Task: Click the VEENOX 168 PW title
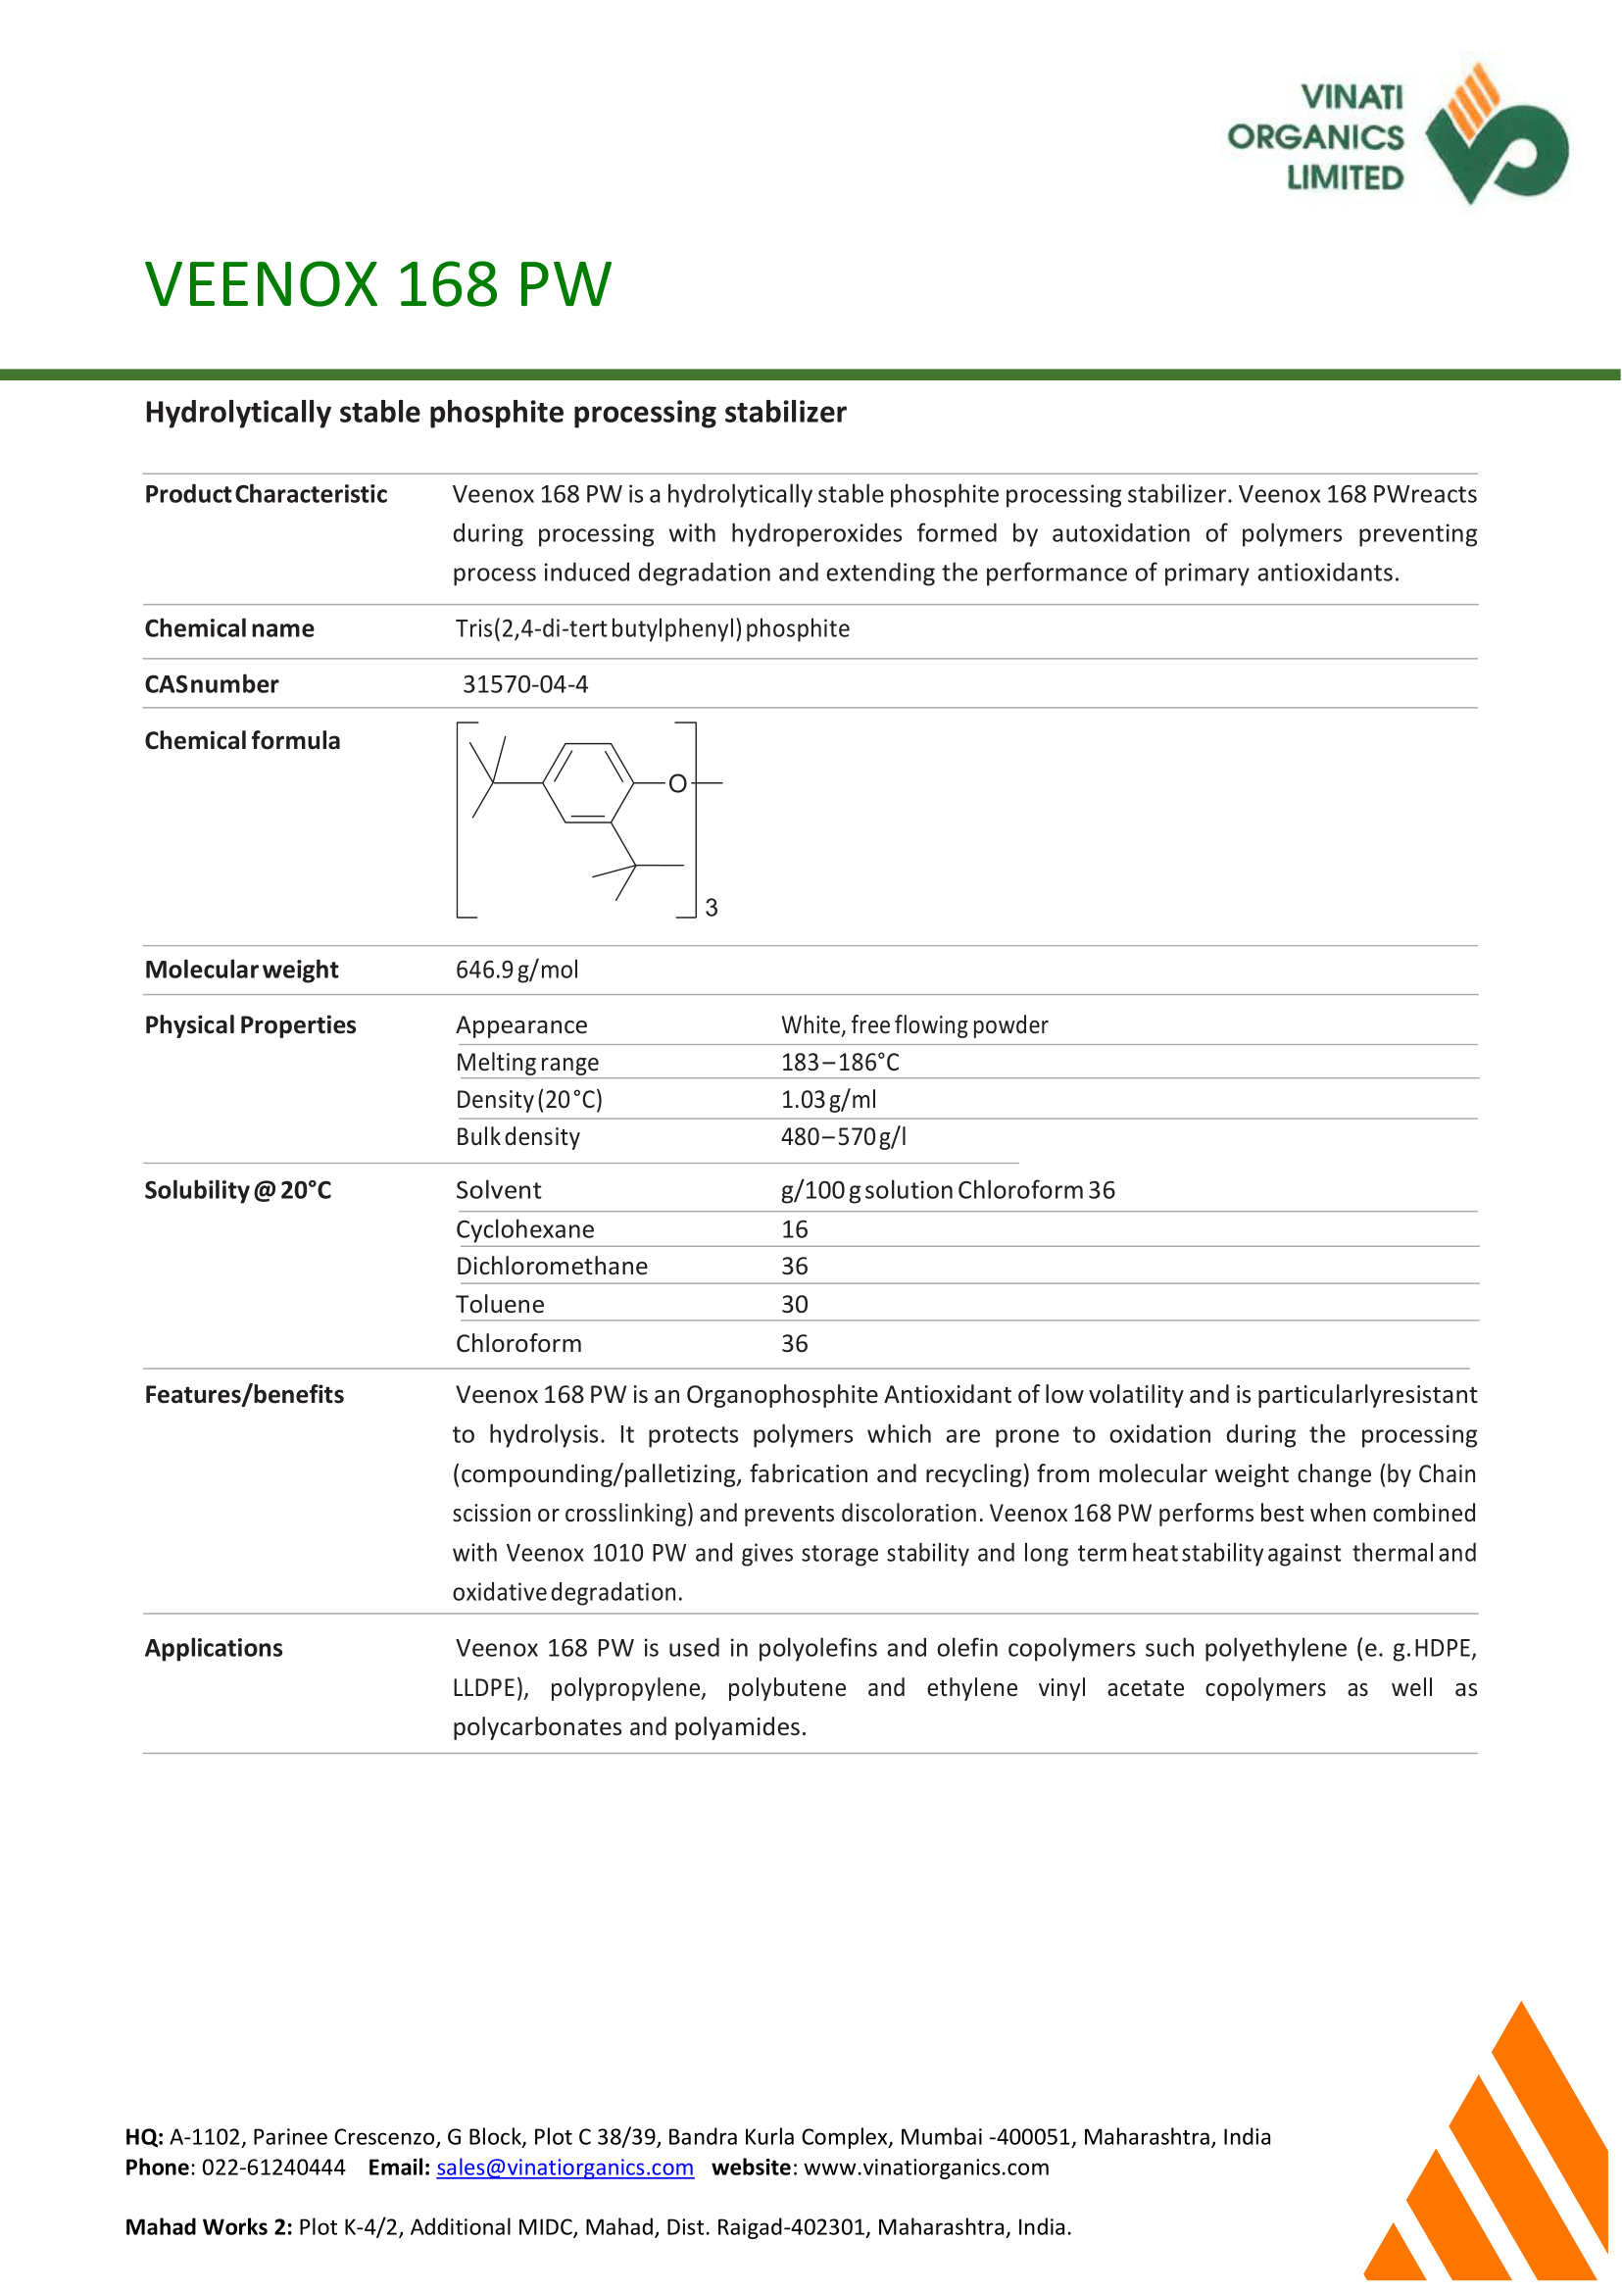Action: pos(377,284)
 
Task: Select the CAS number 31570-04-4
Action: pos(524,684)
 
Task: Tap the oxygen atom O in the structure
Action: pos(677,784)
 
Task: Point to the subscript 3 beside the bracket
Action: pos(712,908)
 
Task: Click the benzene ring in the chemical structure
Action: pos(588,783)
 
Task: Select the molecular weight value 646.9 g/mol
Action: pos(516,971)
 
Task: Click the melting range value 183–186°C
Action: pos(839,1062)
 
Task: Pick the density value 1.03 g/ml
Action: pos(828,1100)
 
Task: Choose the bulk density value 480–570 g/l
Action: pos(843,1137)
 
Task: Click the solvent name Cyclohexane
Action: pos(524,1230)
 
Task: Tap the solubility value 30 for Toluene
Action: pos(794,1305)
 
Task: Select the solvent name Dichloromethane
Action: pos(552,1267)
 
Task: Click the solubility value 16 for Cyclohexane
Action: pos(794,1230)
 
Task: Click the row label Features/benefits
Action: pos(244,1395)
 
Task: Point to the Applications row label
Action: pos(214,1649)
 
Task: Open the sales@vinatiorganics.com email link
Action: pos(565,2168)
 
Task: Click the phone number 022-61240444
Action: pos(272,2168)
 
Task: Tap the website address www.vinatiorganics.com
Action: pos(926,2168)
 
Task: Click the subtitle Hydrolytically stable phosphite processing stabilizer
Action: pos(495,413)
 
